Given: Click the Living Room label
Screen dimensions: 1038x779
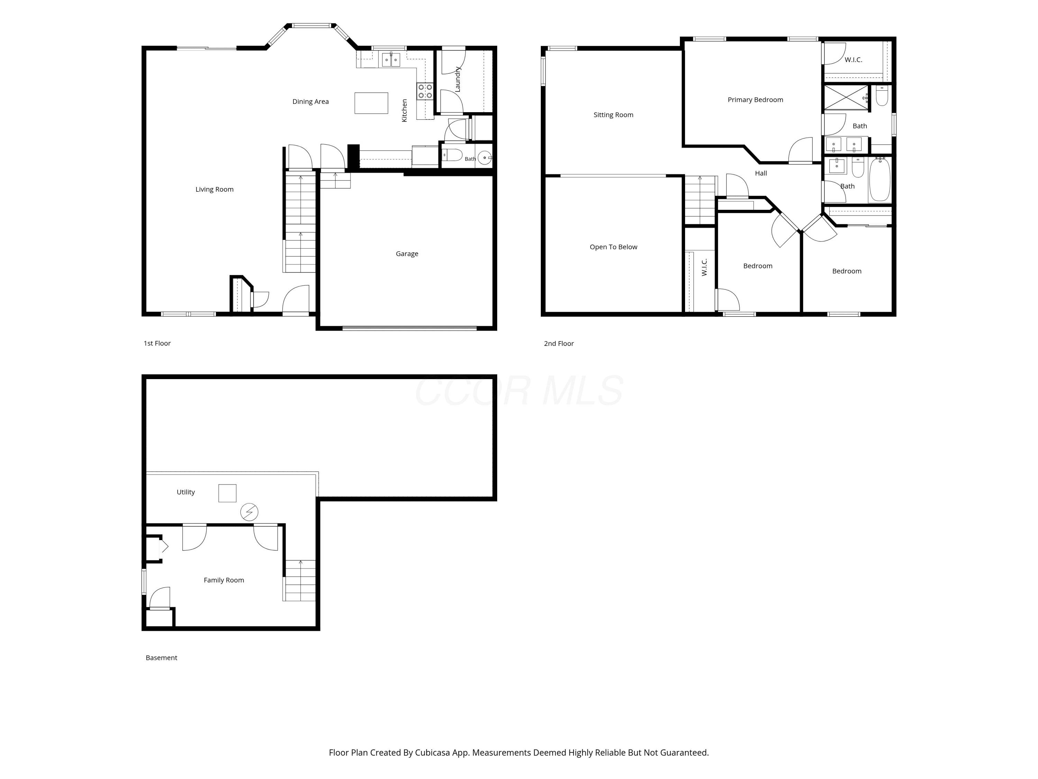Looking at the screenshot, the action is [x=215, y=189].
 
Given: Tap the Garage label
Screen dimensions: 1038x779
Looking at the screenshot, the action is [x=407, y=253].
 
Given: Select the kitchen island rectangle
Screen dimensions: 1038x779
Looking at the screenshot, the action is [x=371, y=103].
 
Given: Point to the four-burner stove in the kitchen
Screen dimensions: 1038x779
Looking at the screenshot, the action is [x=425, y=91].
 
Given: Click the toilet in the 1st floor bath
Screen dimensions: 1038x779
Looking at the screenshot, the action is [x=452, y=154].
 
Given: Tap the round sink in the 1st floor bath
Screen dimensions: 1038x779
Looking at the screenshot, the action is [x=485, y=157].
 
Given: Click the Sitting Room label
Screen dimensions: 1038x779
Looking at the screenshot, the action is [x=613, y=115].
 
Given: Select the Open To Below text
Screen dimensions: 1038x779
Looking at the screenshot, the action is [x=613, y=247].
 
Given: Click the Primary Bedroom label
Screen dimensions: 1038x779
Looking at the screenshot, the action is [x=755, y=100].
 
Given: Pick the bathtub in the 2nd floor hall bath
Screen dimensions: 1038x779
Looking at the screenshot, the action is [x=880, y=180].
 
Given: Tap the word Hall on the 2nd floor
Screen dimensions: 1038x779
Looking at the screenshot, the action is [x=761, y=173].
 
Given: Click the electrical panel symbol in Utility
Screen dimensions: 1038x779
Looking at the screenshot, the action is [x=249, y=512].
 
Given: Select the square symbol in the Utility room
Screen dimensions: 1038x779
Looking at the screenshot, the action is [x=227, y=493].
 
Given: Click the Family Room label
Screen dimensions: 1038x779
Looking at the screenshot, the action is [x=224, y=580].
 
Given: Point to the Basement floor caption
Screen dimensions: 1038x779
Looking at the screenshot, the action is [x=162, y=657].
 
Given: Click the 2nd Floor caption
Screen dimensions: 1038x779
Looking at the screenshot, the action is [x=558, y=343].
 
